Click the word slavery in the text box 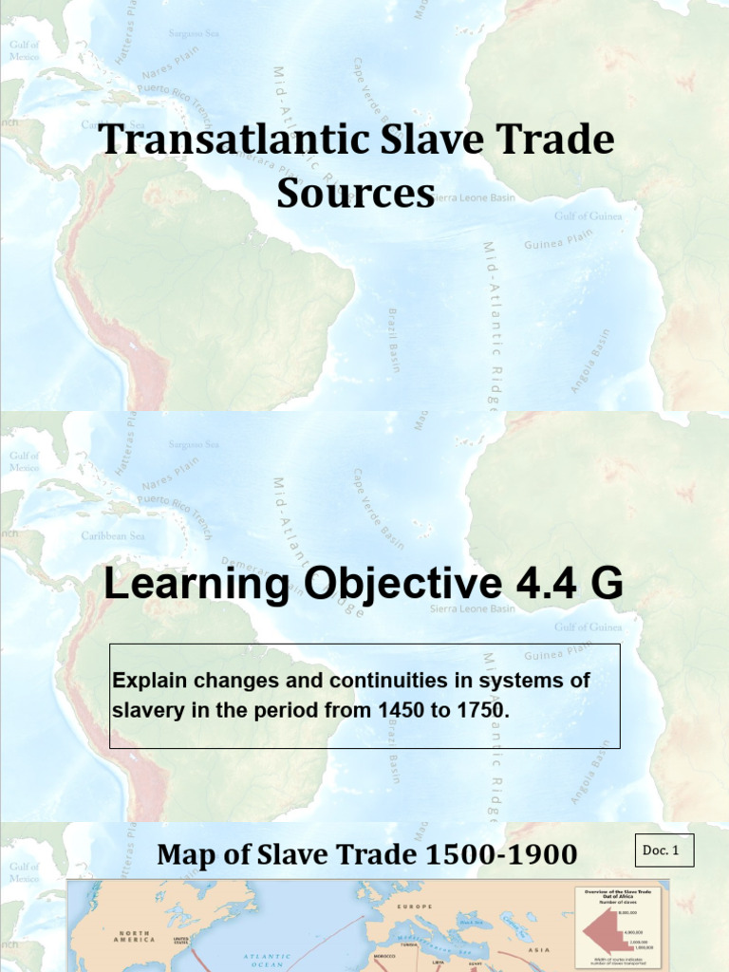click(144, 710)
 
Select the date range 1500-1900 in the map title click(501, 855)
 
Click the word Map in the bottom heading click(186, 855)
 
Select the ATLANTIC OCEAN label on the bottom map click(266, 961)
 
